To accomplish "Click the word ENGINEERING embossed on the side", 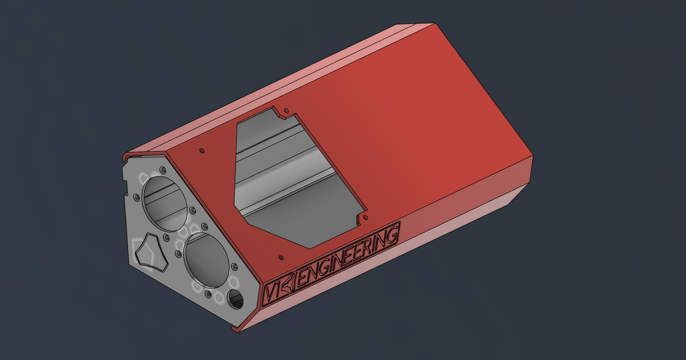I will click(349, 257).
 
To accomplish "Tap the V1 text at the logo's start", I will click(273, 291).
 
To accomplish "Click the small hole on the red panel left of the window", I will click(201, 150).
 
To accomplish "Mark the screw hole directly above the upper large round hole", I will click(163, 170).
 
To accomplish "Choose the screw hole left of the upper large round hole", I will click(135, 198).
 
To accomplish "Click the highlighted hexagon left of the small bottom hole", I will click(219, 296).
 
